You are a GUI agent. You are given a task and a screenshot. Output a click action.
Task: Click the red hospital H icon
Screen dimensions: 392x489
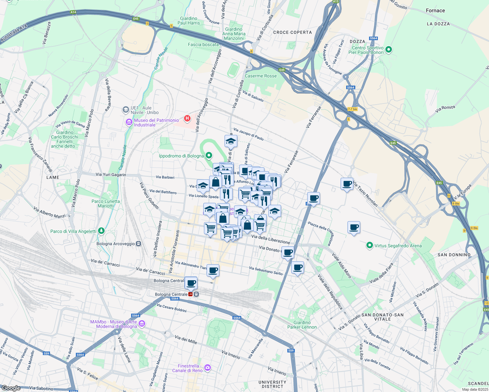187,118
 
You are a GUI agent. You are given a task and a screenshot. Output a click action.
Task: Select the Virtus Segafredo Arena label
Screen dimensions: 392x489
398,246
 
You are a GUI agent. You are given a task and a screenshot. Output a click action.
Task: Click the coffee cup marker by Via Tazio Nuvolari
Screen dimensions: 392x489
347,184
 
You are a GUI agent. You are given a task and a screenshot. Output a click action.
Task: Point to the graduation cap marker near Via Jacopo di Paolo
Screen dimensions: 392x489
231,141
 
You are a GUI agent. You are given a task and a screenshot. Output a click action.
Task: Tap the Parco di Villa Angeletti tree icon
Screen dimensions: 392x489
101,231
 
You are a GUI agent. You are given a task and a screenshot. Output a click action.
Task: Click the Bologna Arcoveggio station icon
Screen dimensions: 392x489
139,244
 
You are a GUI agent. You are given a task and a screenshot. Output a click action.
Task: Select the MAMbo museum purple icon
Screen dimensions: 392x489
142,324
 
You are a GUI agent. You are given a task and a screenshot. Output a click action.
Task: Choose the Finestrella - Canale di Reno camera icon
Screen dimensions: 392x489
207,368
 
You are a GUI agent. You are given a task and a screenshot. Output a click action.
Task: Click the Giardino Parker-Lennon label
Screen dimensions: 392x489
302,325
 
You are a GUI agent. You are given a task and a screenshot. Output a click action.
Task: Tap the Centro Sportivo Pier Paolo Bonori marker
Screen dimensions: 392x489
389,50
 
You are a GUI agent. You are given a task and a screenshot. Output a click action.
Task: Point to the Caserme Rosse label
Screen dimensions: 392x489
261,76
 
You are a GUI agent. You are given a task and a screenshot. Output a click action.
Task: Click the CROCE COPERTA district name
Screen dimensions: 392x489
292,32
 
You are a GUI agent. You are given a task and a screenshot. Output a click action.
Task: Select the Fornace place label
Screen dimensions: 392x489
435,10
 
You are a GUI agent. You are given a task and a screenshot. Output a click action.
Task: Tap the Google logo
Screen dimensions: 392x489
11,388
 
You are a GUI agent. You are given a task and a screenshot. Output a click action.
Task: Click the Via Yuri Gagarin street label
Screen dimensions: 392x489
110,174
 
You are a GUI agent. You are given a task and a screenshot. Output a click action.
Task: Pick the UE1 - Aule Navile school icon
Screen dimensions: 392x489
126,110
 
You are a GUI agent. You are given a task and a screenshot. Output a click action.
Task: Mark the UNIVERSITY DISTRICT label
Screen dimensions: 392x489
272,384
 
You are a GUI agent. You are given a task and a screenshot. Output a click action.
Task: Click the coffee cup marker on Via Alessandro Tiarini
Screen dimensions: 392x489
213,270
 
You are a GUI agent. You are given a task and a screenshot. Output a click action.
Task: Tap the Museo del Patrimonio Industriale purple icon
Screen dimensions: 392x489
129,122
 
